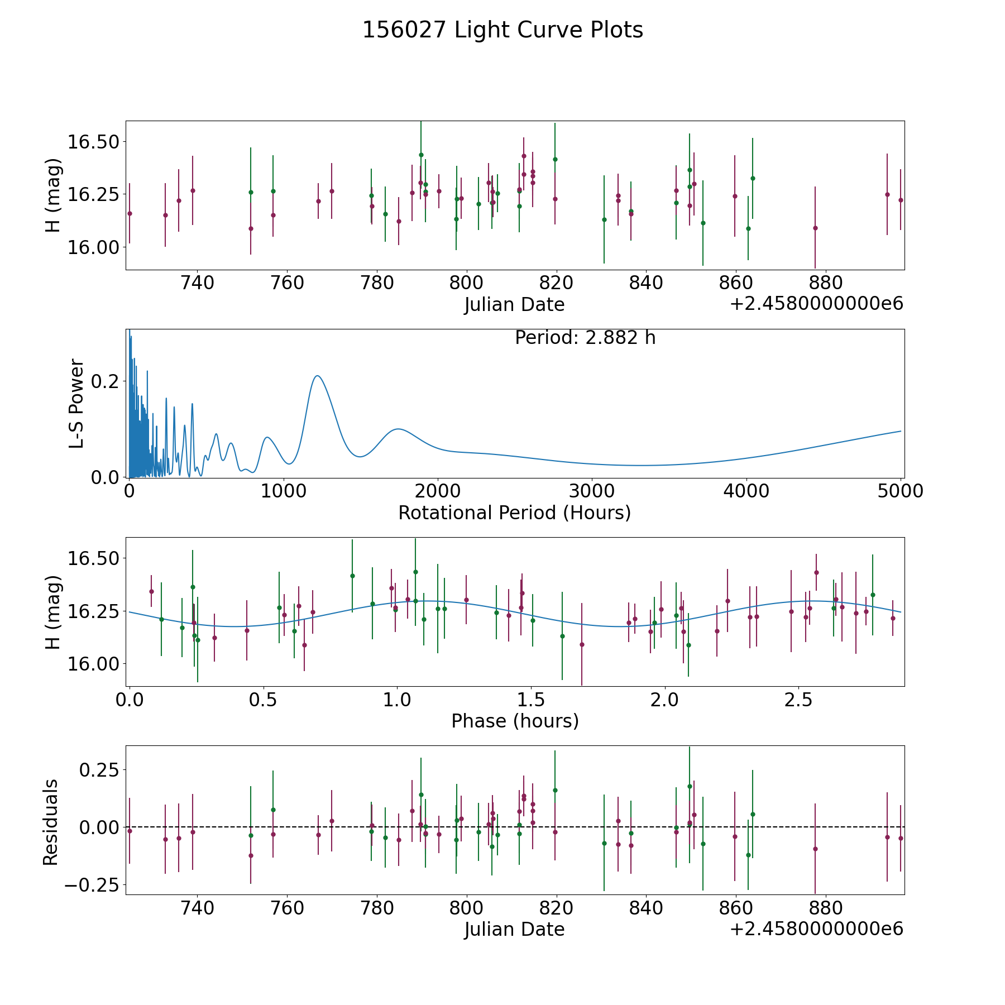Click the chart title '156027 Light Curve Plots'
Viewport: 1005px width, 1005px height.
pos(502,30)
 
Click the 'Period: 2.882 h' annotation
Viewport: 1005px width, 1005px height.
pos(585,338)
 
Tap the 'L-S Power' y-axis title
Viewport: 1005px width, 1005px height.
pos(76,403)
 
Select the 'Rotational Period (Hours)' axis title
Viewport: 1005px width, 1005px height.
pos(514,513)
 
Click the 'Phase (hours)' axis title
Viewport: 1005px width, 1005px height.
pos(515,721)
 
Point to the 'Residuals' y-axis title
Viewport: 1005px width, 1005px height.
pos(50,822)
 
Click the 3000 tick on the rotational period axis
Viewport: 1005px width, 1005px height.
pos(592,491)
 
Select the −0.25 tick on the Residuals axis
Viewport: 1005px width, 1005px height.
pos(94,886)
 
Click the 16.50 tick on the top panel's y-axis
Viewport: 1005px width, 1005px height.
pos(94,142)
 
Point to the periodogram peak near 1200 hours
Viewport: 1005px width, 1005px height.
pos(317,376)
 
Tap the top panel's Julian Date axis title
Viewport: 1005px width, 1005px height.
pos(514,304)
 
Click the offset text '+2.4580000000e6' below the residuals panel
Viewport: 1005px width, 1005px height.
pos(816,929)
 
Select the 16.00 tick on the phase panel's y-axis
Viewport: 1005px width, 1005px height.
pos(94,664)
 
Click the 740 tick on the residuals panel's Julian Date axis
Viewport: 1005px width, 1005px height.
pos(197,908)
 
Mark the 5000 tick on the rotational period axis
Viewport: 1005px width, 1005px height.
pos(900,491)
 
